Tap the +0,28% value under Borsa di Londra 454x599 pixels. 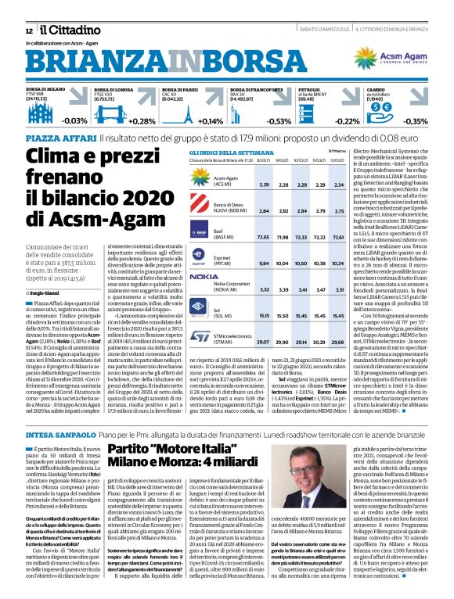142,121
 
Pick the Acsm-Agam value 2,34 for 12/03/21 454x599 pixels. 338,185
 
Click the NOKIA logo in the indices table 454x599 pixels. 204,277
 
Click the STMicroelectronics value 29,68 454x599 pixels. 338,321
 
